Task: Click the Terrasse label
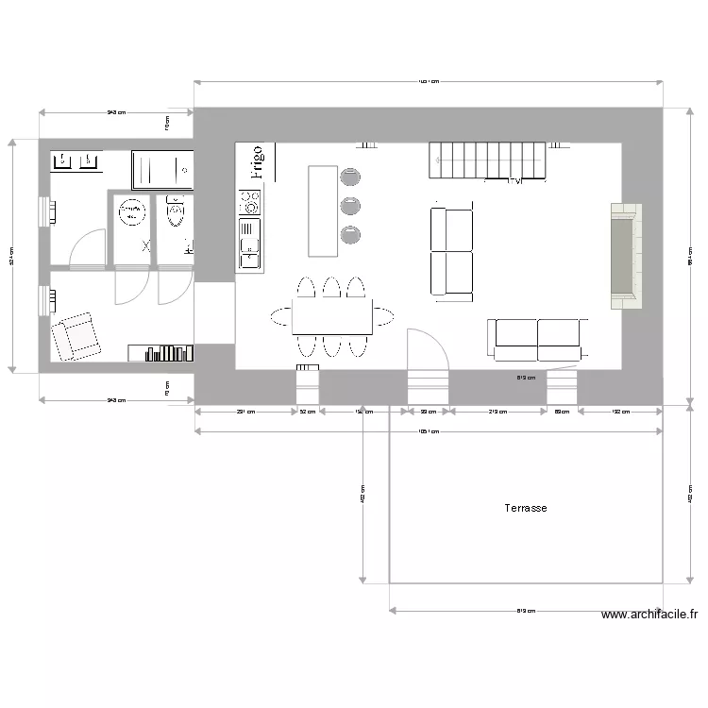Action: tap(526, 508)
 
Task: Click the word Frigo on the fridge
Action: tap(257, 162)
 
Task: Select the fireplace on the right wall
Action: tap(624, 256)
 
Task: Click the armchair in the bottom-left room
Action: tap(76, 336)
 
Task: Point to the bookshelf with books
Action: tap(162, 353)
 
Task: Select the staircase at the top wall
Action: tap(487, 160)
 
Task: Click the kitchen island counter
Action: tap(322, 211)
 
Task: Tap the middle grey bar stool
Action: tap(351, 204)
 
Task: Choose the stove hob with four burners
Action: tap(250, 202)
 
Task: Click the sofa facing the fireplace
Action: tap(452, 251)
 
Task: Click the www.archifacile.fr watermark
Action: tap(649, 615)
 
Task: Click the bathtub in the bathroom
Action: tap(162, 170)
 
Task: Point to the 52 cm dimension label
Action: tap(308, 412)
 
